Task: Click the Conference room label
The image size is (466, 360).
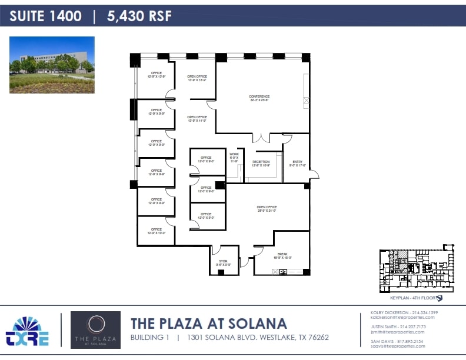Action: coord(259,98)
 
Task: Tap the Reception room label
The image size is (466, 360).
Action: coord(261,164)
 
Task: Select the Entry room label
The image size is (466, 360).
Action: coord(297,164)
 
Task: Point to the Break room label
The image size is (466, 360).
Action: coord(282,255)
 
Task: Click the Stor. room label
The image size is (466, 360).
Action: coord(223,262)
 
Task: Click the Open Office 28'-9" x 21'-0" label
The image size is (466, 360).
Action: coord(267,209)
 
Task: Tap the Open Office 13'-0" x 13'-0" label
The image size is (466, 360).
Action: coord(197,78)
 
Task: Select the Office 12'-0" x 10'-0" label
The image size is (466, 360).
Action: coord(156,231)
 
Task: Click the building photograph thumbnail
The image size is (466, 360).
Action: coord(52,65)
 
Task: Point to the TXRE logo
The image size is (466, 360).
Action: coord(27,331)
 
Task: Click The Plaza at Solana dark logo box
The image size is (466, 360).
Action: coord(95,330)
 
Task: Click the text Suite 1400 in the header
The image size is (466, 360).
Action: coord(45,16)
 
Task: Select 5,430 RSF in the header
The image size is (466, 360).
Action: coord(139,16)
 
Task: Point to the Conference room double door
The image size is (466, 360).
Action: coord(261,138)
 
